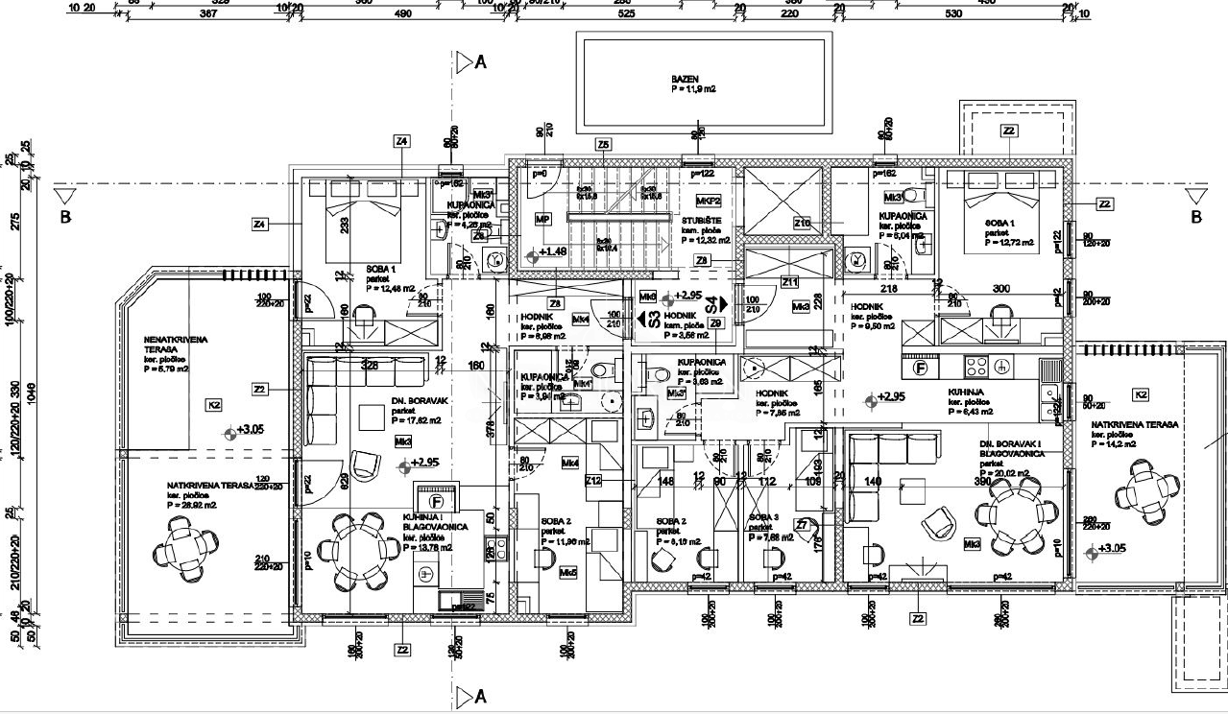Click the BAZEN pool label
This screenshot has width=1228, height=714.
(x=685, y=79)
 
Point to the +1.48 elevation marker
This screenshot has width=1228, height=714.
(x=551, y=251)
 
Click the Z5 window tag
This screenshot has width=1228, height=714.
(x=603, y=145)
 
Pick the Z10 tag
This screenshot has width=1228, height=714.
(x=802, y=223)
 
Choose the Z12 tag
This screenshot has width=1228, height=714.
(x=593, y=481)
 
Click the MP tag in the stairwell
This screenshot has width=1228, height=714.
(x=543, y=220)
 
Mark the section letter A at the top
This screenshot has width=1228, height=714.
(x=481, y=62)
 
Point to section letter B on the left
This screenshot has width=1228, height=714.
(x=65, y=217)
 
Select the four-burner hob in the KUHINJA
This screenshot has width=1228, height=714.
(x=976, y=366)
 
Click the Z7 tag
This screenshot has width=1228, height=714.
(x=803, y=524)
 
